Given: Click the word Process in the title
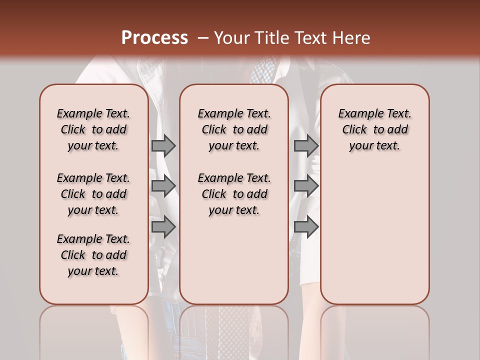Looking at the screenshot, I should [x=154, y=38].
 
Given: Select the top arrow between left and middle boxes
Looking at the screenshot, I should [x=163, y=145].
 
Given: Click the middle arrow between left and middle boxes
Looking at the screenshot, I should [x=163, y=186].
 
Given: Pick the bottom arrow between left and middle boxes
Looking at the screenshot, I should [x=163, y=226].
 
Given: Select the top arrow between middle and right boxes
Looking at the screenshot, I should [x=306, y=145].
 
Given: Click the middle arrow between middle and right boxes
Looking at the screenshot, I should [x=306, y=186].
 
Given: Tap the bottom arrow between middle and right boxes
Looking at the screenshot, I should [x=306, y=226].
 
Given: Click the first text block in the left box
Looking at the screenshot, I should [x=93, y=129].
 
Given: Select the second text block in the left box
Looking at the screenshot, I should [x=93, y=194].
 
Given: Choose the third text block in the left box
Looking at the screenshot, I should [x=93, y=255].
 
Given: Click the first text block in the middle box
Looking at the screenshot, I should [x=234, y=129].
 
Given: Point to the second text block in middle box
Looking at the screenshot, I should [x=234, y=194].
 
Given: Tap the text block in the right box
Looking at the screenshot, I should [x=374, y=129].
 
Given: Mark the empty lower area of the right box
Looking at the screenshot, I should [x=374, y=235].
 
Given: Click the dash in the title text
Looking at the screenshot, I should [x=203, y=38].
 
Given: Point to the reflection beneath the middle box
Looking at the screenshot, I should [x=234, y=330].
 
